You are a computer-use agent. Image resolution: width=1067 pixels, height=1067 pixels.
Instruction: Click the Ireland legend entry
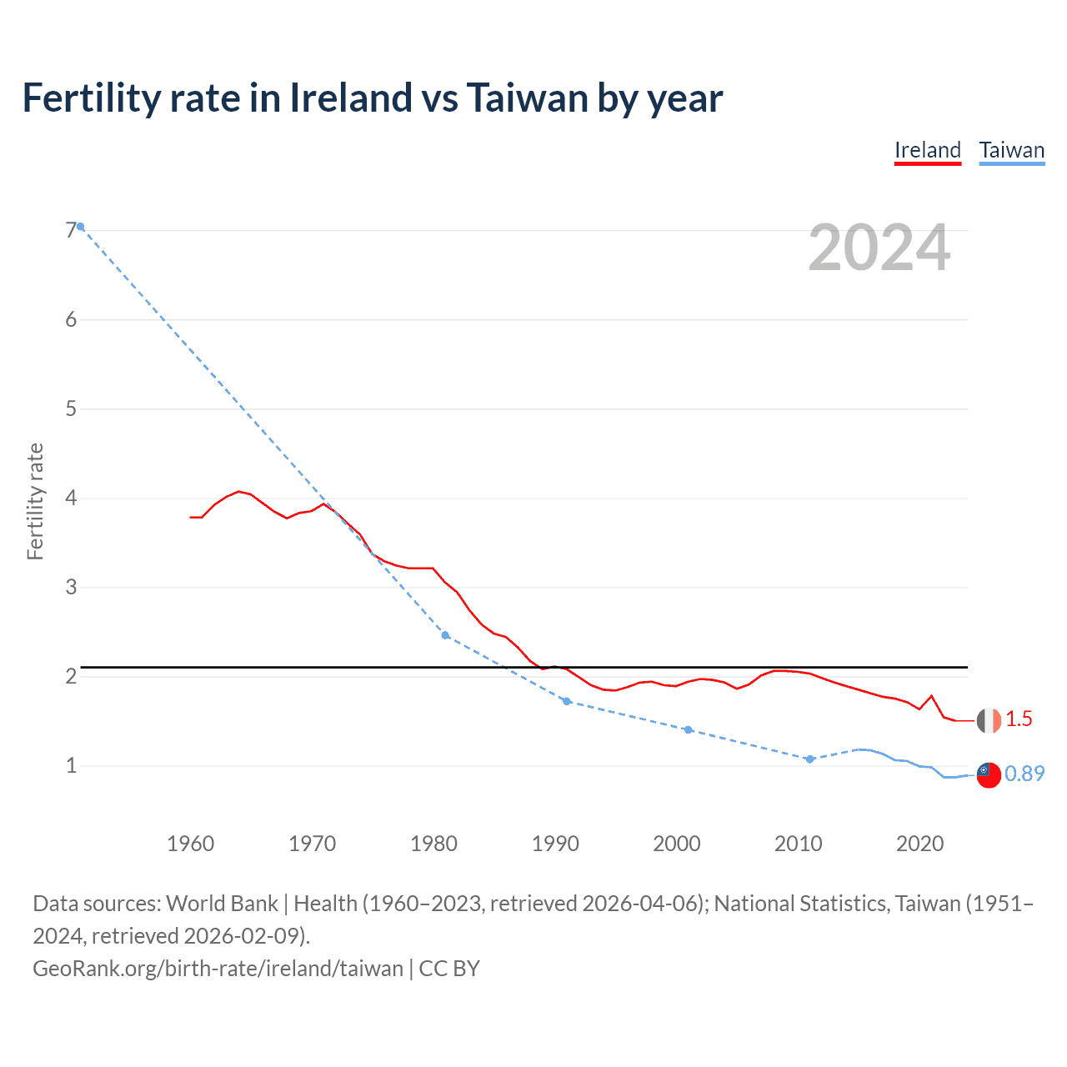point(927,151)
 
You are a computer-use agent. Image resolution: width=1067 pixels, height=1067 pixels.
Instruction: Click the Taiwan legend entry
point(1011,151)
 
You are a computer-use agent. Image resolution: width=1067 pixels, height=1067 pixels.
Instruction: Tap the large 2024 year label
point(879,248)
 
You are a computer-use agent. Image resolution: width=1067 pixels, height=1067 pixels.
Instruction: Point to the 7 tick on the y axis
point(71,231)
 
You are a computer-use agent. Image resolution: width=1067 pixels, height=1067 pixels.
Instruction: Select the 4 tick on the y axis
point(71,498)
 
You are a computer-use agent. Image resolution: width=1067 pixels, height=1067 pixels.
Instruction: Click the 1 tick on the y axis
point(71,765)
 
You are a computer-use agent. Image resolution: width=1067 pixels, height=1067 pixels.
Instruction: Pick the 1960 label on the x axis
point(190,844)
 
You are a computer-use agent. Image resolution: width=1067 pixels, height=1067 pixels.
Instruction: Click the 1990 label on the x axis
point(555,844)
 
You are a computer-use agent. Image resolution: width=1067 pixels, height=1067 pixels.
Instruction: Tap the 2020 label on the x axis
point(919,844)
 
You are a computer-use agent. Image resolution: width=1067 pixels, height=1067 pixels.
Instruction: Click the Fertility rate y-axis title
point(35,501)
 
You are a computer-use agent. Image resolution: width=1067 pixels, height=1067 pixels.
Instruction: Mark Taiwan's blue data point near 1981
point(445,635)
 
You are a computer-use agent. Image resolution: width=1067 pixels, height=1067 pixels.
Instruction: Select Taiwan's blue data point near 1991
point(567,701)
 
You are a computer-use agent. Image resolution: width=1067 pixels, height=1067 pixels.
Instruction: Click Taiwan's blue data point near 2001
point(688,729)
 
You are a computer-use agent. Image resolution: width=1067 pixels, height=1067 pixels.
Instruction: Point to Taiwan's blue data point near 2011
point(809,759)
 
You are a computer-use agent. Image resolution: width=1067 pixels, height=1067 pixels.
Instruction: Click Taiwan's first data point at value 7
point(80,227)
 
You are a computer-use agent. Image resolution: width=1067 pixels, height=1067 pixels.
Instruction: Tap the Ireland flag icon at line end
point(989,720)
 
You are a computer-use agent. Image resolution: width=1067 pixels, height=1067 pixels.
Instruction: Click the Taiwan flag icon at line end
point(989,774)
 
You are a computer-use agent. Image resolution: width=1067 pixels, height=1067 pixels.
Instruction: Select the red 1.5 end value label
point(1019,719)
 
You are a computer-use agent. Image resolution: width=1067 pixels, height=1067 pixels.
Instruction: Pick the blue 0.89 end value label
point(1024,774)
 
